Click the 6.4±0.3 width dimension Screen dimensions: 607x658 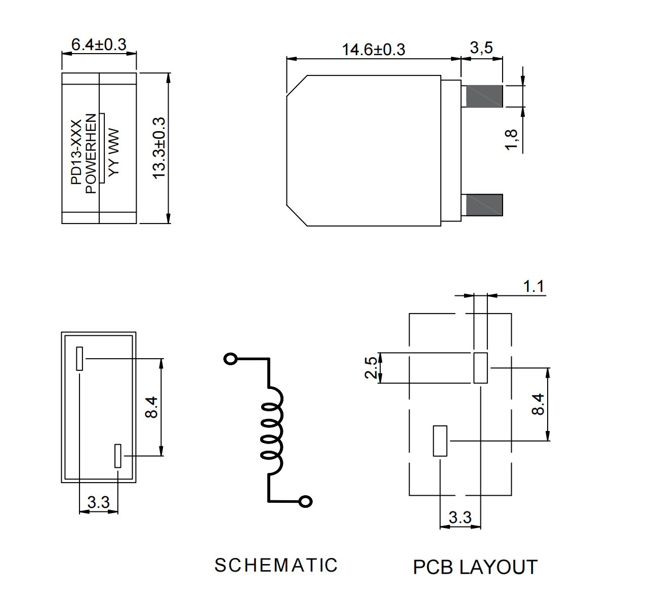(99, 45)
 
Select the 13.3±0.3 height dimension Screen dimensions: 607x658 (159, 148)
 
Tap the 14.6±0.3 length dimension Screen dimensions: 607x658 (374, 50)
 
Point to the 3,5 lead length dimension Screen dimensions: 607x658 (481, 48)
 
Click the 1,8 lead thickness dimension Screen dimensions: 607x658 (511, 140)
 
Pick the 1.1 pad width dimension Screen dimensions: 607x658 (533, 287)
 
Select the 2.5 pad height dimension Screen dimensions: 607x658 (372, 368)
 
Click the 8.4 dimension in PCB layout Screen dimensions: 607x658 (538, 404)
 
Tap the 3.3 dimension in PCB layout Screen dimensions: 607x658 (460, 517)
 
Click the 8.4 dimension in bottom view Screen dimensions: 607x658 (151, 407)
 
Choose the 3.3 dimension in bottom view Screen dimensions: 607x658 (98, 502)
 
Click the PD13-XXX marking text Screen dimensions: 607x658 (76, 152)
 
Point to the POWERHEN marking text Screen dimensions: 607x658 (91, 153)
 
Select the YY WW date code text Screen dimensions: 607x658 (114, 152)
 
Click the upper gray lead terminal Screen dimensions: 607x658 (484, 96)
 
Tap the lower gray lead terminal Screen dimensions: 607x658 (484, 205)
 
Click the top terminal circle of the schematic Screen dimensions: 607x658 (230, 359)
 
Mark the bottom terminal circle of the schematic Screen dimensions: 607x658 (305, 501)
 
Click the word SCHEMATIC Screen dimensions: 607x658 (276, 565)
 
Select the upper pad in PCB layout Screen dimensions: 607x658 (480, 368)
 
